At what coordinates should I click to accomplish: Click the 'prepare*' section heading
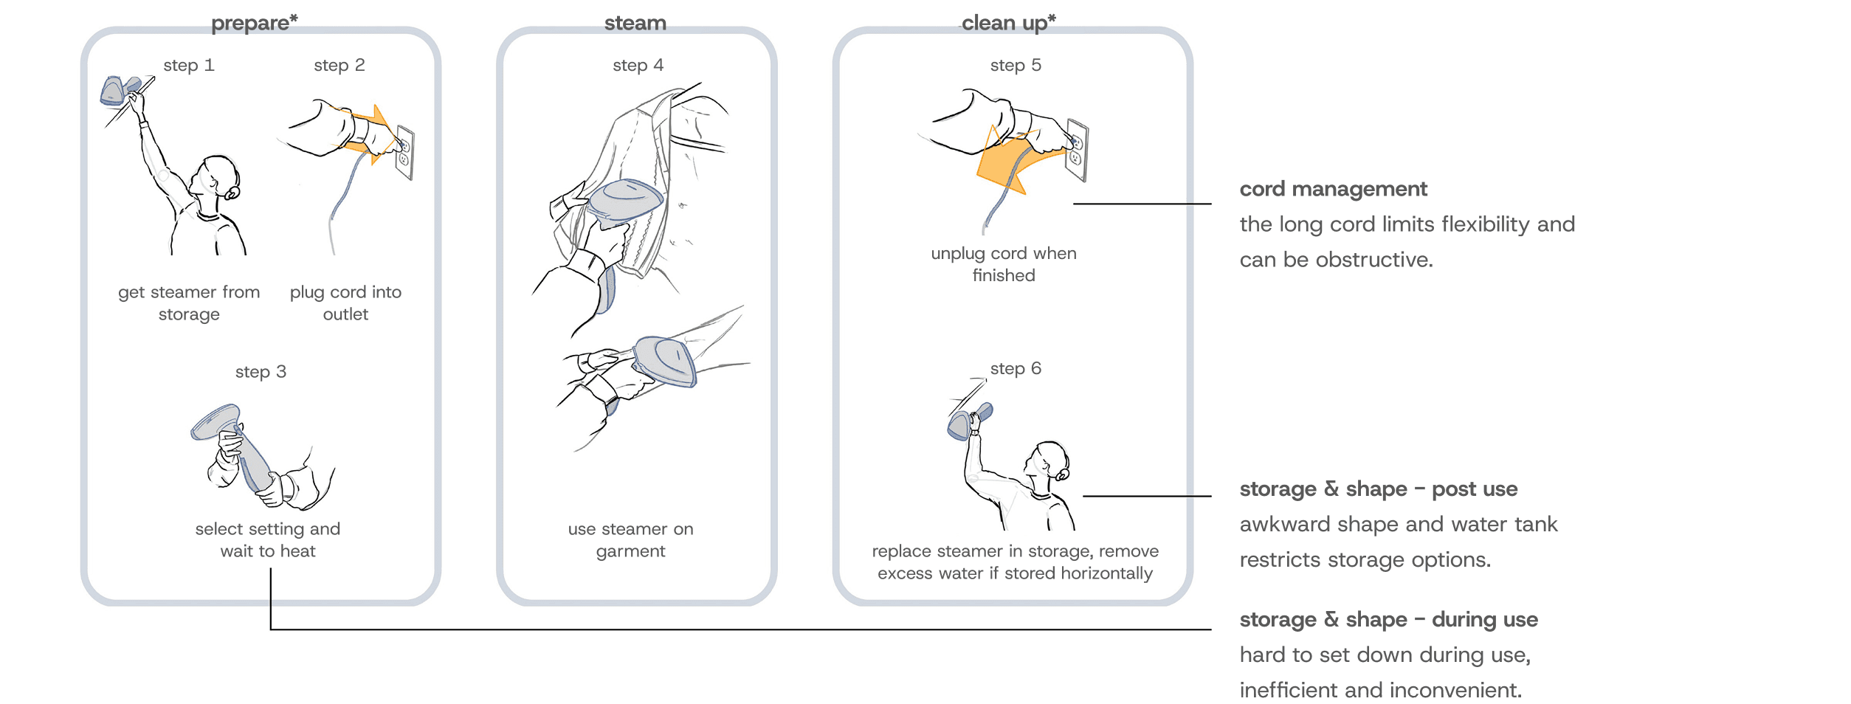tap(254, 23)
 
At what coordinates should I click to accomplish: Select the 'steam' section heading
tap(635, 23)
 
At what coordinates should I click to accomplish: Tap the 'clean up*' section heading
tap(1007, 23)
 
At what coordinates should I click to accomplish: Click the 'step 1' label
tap(189, 65)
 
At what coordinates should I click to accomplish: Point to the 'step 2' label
tap(339, 65)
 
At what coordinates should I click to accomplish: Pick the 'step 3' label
tap(261, 372)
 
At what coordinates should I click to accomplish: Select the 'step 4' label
tap(638, 65)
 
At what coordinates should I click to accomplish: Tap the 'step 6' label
tap(1016, 368)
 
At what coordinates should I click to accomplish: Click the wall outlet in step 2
tap(404, 153)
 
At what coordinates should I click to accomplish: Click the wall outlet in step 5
tap(1077, 151)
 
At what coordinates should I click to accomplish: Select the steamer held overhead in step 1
tap(118, 90)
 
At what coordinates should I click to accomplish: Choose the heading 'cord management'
tap(1333, 189)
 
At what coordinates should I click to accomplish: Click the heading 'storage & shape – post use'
tap(1378, 489)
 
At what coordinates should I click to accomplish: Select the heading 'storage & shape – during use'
tap(1388, 619)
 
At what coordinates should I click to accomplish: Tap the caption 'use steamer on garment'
tap(630, 540)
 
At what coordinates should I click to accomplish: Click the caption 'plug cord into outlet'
tap(345, 303)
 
